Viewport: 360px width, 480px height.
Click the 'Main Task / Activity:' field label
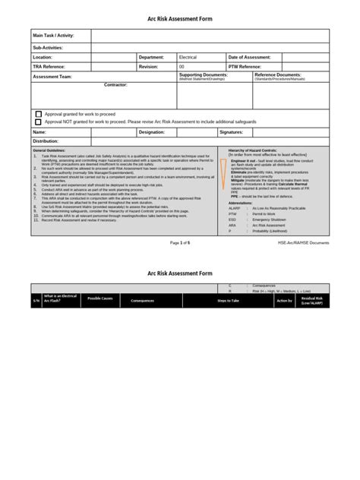click(54, 35)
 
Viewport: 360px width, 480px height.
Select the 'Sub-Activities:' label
click(47, 47)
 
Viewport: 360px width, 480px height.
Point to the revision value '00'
click(182, 66)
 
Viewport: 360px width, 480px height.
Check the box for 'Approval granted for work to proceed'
click(38, 113)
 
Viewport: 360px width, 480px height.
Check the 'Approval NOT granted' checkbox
click(38, 121)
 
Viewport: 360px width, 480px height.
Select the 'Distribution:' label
click(46, 141)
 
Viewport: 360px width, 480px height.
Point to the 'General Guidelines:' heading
click(50, 150)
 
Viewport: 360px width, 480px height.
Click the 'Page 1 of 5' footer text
click(180, 242)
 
